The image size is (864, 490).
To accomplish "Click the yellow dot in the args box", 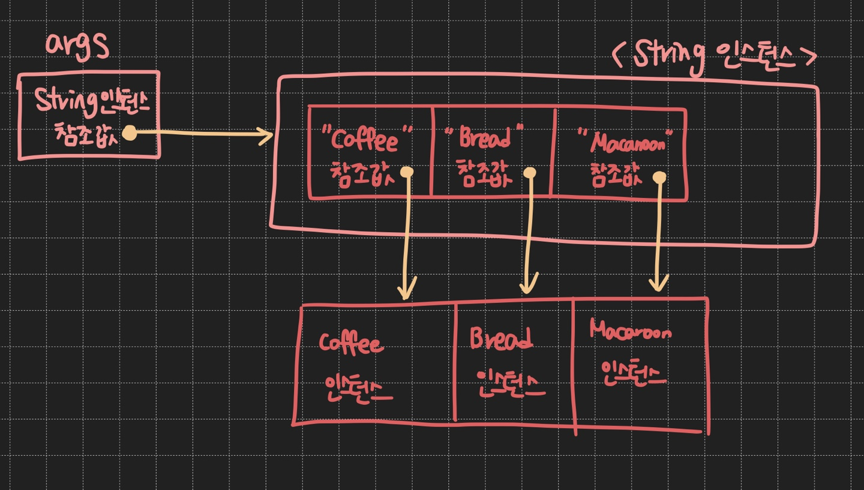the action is coord(129,133).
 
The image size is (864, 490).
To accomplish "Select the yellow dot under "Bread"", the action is coord(529,173).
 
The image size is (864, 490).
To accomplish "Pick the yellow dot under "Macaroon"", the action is coord(660,178).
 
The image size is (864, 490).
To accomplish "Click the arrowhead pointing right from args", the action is coord(266,136).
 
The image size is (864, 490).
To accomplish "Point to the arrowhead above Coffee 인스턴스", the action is coord(406,292).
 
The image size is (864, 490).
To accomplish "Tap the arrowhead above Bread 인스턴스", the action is coord(529,286).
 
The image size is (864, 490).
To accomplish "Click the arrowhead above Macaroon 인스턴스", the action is coord(659,284).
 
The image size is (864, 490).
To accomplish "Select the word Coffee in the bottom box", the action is coord(350,344).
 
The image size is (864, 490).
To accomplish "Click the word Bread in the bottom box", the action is coord(501,339).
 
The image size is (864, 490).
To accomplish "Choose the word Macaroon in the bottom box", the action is coord(630,331).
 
